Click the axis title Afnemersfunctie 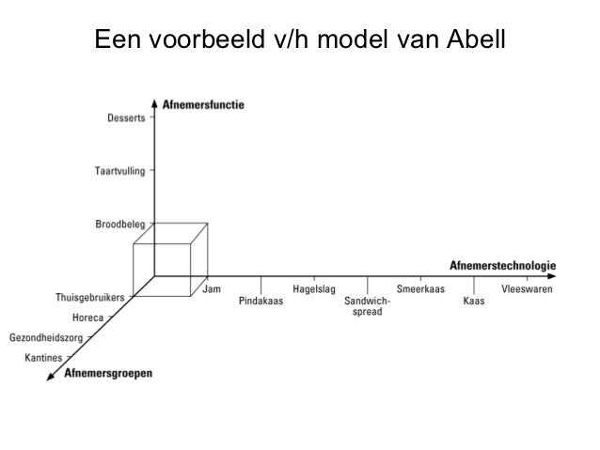point(203,105)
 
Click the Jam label point(213,289)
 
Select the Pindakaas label point(261,302)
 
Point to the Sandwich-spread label point(367,306)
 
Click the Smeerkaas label point(420,289)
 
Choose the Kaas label point(474,302)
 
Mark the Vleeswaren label point(528,289)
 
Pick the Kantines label point(44,357)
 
